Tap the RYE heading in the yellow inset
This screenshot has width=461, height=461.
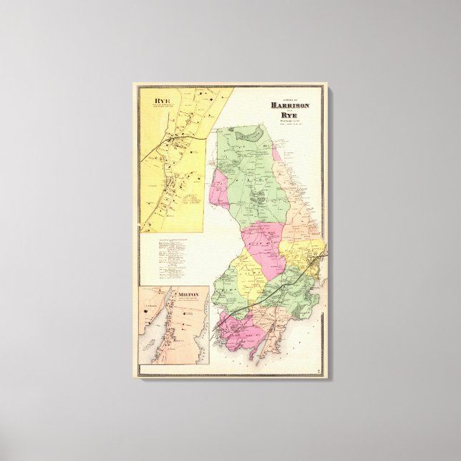152,102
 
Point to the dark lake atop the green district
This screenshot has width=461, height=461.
249,132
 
